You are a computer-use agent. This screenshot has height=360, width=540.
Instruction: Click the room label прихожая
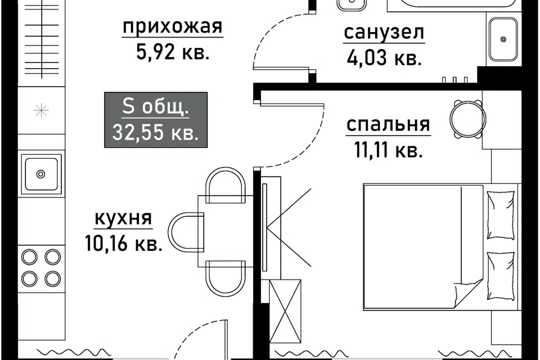(x=173, y=27)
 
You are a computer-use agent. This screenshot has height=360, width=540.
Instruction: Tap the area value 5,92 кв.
(x=173, y=52)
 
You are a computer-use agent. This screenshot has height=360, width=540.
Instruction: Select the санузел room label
(x=384, y=33)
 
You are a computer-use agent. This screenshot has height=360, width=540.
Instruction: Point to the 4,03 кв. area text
(x=384, y=58)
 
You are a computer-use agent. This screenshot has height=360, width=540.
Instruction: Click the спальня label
(x=388, y=125)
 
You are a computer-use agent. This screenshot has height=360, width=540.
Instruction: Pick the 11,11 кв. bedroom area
(x=389, y=150)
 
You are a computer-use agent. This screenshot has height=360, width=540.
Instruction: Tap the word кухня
(x=123, y=218)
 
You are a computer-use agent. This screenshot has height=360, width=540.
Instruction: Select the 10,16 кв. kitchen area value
(x=123, y=243)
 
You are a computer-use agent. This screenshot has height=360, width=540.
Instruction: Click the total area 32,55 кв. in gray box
(x=156, y=132)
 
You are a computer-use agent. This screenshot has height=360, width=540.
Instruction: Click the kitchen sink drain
(x=40, y=174)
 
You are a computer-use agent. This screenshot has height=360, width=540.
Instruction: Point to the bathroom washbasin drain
(x=503, y=39)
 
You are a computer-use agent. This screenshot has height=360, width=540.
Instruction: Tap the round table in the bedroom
(x=467, y=119)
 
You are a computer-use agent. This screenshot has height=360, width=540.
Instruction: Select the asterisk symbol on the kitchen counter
(x=41, y=111)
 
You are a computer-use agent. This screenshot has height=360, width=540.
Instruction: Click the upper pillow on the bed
(x=501, y=215)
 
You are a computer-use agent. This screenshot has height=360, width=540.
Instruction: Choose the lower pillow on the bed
(x=501, y=276)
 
